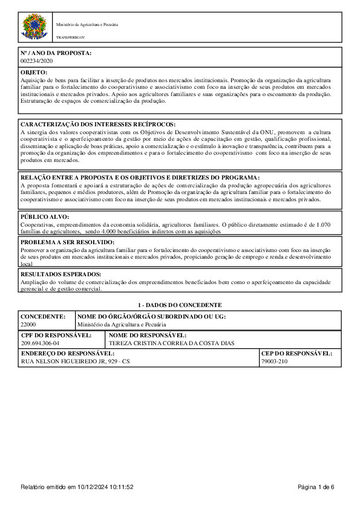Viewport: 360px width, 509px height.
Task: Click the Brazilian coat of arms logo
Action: pyautogui.click(x=34, y=28)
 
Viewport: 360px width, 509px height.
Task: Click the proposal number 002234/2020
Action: pyautogui.click(x=37, y=61)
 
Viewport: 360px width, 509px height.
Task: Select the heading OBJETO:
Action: pyautogui.click(x=34, y=72)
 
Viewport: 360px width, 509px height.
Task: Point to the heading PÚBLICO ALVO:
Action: pyautogui.click(x=45, y=216)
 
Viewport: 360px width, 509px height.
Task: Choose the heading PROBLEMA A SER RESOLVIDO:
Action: pyautogui.click(x=67, y=242)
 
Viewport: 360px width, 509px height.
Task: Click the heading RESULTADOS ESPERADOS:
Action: pyautogui.click(x=61, y=274)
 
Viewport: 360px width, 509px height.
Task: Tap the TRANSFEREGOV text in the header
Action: pyautogui.click(x=67, y=37)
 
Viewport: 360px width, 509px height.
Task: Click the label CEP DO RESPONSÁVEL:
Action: pyautogui.click(x=296, y=353)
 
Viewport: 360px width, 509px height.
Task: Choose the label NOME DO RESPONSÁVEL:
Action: pyautogui.click(x=147, y=335)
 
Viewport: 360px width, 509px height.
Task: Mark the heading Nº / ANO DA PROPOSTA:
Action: pyautogui.click(x=56, y=53)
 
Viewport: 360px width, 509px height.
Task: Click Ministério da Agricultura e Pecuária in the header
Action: pyautogui.click(x=87, y=25)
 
